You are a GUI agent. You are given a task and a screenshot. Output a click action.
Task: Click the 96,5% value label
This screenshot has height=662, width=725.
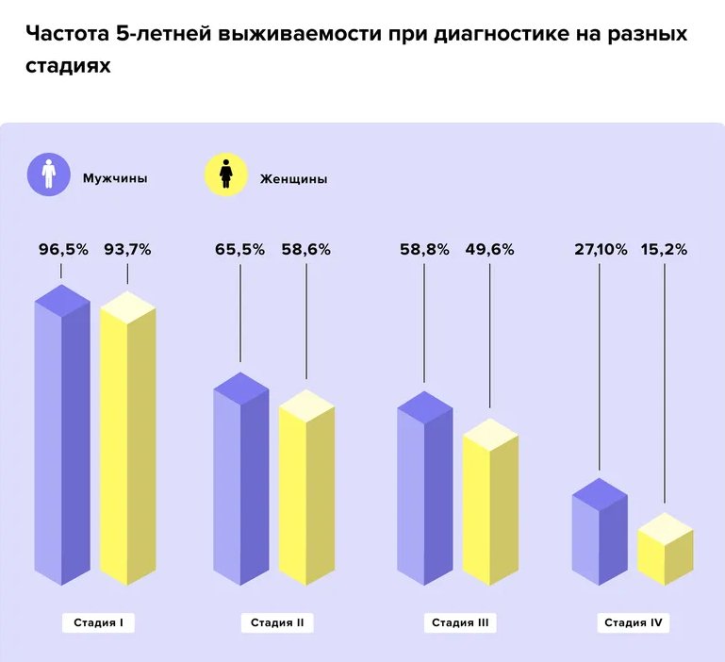(x=63, y=250)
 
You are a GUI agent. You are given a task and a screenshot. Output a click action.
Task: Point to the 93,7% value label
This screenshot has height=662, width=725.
(x=127, y=250)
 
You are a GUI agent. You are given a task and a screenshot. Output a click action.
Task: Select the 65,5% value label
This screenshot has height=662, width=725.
(x=240, y=250)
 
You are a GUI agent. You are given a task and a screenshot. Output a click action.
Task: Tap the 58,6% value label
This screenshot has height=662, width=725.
(x=305, y=250)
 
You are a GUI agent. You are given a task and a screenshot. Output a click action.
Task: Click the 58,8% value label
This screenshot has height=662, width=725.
(x=424, y=250)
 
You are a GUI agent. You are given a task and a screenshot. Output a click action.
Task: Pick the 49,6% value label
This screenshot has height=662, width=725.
(x=490, y=250)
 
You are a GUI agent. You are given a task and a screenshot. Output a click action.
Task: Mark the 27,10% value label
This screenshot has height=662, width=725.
(x=600, y=250)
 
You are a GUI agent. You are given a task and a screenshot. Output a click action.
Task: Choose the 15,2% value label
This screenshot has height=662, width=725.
(x=665, y=250)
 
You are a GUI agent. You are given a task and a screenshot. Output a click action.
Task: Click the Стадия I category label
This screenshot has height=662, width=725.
(x=99, y=622)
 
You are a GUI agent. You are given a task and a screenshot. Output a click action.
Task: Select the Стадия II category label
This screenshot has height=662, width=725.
(x=277, y=622)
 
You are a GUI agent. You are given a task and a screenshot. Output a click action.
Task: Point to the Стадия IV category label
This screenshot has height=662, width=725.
(x=632, y=622)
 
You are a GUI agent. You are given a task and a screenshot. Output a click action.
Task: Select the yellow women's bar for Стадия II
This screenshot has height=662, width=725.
(x=306, y=490)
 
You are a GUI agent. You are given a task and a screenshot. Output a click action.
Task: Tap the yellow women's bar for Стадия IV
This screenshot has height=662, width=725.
(x=666, y=552)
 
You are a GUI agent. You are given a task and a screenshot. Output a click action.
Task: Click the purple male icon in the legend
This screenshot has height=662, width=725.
(x=50, y=174)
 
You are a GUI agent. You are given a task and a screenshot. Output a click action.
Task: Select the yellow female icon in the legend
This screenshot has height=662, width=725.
(x=226, y=174)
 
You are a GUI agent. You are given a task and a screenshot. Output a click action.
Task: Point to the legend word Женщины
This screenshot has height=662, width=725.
(x=293, y=178)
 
